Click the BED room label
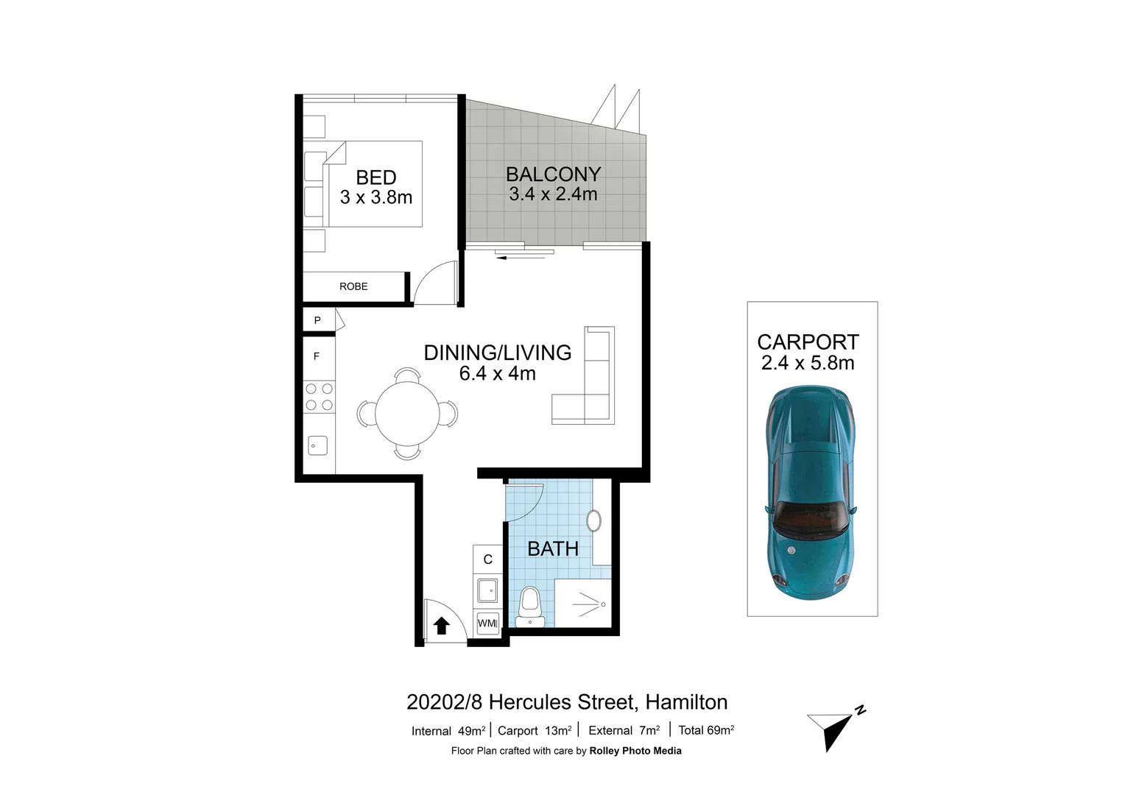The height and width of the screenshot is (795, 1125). coord(376,177)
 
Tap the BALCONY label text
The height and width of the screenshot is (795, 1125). coord(553,174)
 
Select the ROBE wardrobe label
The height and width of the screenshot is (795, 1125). coord(353,286)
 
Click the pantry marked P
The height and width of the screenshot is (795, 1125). coord(318,320)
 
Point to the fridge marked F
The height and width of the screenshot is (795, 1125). coord(317,356)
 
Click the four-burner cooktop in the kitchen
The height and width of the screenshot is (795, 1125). coord(320,397)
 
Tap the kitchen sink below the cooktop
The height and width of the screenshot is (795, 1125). coord(317,445)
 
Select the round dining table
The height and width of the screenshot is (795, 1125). coord(406,414)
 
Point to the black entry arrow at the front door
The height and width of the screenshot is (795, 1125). coord(441,626)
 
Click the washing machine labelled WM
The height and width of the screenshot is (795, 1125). coord(487,623)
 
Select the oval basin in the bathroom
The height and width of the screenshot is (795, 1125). coord(593,520)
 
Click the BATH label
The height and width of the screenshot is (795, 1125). coord(553,549)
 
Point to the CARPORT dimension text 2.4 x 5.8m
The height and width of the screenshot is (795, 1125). coord(808,363)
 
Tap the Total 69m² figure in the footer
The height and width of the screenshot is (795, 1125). coord(706,730)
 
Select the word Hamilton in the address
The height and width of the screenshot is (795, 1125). coord(686,702)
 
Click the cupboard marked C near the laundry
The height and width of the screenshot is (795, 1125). coord(487,560)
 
